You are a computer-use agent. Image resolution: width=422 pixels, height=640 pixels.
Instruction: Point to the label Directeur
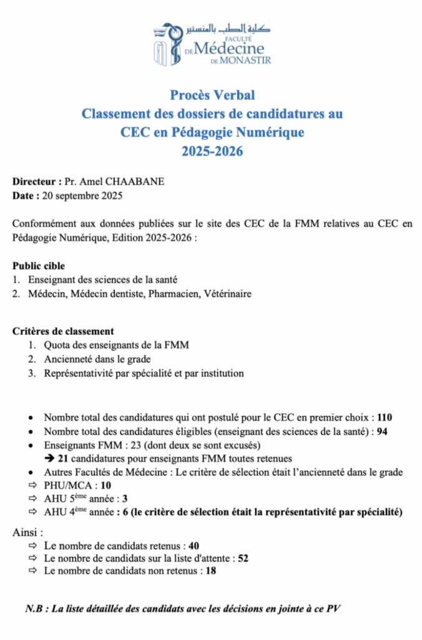coord(35,182)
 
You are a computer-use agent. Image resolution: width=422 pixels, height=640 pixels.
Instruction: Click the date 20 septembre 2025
coord(82,196)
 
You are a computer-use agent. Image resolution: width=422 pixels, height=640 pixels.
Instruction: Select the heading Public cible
coord(39,266)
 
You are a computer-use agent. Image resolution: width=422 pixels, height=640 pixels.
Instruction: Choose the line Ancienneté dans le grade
coord(97,359)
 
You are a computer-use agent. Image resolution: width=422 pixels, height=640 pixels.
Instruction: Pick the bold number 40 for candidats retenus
coord(194,545)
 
